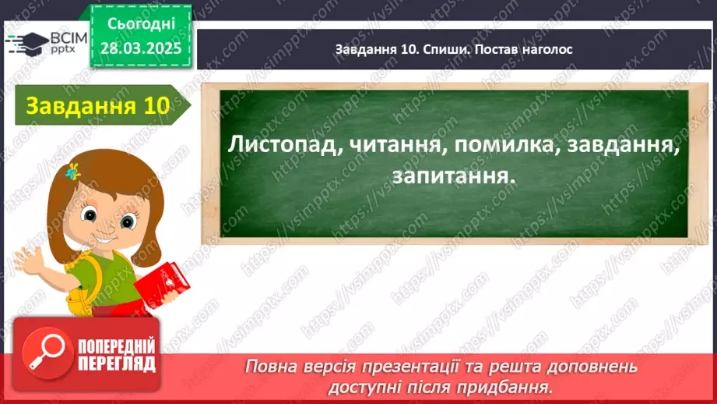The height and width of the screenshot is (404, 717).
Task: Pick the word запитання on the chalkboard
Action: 453,177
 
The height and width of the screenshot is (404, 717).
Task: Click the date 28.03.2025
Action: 141,49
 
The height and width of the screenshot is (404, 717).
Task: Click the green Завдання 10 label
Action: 97,107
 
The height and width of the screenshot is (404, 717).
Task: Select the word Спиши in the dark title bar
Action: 445,49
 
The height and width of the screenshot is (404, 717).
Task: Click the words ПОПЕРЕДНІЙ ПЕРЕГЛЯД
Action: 115,355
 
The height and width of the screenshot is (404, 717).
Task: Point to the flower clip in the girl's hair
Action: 73,171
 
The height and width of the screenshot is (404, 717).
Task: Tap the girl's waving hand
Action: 27,256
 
